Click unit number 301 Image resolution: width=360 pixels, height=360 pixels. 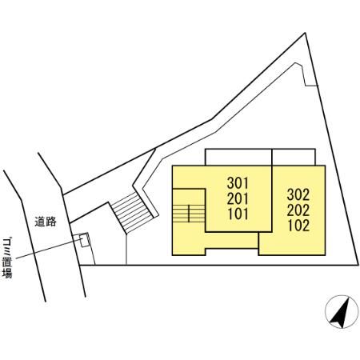click(238, 183)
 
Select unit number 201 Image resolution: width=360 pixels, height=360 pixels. click(238, 198)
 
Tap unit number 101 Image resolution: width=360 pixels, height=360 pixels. click(238, 214)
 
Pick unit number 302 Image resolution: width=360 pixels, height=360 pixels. click(298, 194)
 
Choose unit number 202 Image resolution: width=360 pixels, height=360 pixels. click(298, 210)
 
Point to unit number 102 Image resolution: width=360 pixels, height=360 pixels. click(298, 226)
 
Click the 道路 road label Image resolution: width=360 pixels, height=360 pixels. click(46, 222)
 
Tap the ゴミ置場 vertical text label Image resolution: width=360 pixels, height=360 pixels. click(7, 258)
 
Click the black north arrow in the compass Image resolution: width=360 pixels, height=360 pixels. click(341, 314)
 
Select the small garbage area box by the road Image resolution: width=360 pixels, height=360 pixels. click(84, 240)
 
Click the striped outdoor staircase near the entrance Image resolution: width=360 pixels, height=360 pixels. click(132, 212)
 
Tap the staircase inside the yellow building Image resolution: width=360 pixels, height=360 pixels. click(189, 214)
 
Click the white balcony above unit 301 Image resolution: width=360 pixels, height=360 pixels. click(238, 157)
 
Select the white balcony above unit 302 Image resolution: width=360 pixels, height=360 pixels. click(294, 157)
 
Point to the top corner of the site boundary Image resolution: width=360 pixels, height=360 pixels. click(305, 33)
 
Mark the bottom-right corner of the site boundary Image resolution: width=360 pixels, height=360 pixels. click(358, 265)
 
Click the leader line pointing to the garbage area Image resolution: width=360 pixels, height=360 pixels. click(49, 249)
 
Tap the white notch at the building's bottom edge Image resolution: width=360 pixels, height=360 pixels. click(232, 252)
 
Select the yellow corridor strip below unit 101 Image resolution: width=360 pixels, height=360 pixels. click(232, 240)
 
